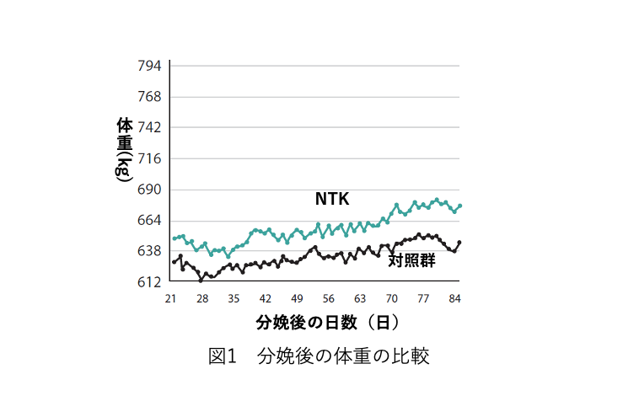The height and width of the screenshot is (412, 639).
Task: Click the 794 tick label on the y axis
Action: point(149,66)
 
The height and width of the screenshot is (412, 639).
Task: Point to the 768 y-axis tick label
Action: point(149,97)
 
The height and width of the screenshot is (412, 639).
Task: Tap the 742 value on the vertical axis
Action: point(149,127)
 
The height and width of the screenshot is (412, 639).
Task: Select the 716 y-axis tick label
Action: point(149,158)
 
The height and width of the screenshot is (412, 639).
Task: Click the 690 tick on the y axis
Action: point(149,190)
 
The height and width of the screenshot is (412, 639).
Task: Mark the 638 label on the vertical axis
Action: point(149,251)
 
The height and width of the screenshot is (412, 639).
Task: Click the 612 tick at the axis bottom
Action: point(149,282)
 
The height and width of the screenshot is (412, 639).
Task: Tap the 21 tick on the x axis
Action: point(170,299)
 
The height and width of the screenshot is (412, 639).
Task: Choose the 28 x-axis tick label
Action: point(202,299)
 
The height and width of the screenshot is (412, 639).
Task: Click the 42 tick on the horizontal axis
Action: point(266,299)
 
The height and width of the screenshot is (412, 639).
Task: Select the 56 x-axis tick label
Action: point(329,299)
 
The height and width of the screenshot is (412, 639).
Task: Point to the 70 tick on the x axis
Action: point(392,299)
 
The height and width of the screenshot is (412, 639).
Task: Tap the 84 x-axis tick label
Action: point(455,299)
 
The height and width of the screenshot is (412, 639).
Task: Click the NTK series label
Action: point(332,199)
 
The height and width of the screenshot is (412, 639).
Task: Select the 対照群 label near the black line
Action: point(411,261)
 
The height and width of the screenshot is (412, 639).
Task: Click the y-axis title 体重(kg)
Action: point(124,149)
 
